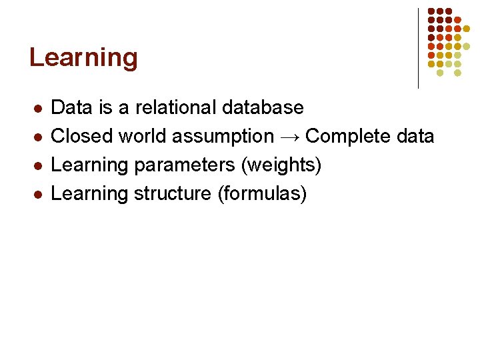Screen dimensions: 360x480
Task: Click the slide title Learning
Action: [x=83, y=59]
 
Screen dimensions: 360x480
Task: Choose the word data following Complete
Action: [x=414, y=136]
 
